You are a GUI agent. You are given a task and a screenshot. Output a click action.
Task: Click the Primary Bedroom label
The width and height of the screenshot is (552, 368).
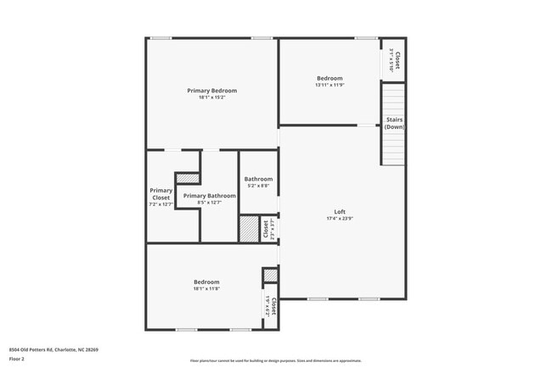click(x=212, y=90)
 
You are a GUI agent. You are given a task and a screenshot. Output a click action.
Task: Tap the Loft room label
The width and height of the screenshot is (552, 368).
click(x=340, y=212)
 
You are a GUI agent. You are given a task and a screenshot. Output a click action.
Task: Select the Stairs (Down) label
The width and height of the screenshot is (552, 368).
click(x=394, y=123)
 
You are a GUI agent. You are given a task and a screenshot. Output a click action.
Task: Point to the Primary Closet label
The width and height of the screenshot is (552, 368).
click(x=161, y=194)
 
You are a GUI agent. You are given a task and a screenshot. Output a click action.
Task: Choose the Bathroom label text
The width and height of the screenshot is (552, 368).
click(x=258, y=179)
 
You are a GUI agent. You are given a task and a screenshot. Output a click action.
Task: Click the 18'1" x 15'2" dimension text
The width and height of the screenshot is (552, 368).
click(x=212, y=98)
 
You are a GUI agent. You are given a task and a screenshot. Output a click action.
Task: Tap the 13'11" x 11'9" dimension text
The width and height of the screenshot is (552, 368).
click(x=330, y=85)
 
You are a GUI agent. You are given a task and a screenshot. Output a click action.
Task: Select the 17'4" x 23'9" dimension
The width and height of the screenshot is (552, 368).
click(x=340, y=220)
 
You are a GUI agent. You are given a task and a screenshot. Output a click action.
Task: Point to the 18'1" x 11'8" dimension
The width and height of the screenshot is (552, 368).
click(x=206, y=289)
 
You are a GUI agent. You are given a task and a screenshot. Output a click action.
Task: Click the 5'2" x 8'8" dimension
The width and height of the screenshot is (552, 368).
click(x=258, y=186)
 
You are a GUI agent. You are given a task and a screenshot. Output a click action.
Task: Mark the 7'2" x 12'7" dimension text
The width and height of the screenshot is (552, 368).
click(x=161, y=204)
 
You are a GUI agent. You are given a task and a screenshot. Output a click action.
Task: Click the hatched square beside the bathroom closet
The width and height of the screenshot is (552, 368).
click(x=249, y=230)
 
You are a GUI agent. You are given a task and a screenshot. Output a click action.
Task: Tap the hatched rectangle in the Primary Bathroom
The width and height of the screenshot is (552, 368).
click(x=188, y=178)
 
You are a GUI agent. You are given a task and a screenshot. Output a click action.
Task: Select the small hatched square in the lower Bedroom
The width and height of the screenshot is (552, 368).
click(x=270, y=275)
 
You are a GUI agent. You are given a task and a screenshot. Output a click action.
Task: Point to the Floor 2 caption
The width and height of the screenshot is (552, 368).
click(x=17, y=360)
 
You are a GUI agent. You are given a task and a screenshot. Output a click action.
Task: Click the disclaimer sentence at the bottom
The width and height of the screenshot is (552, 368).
click(x=275, y=360)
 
